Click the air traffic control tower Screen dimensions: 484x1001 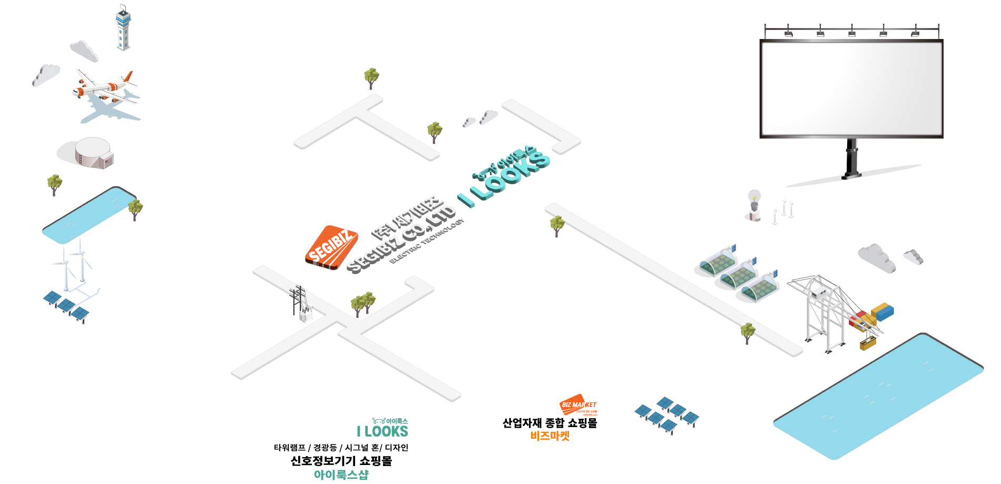coord(123,29)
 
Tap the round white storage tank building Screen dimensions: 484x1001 coord(93,152)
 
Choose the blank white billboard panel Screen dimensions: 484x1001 coord(851,89)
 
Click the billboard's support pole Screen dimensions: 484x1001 coord(852,158)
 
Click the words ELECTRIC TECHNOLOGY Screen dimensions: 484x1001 coord(427,240)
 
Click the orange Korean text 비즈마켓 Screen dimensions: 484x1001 coord(550,436)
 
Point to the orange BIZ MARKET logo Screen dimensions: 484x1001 coord(577,405)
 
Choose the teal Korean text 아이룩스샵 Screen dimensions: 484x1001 coord(341,475)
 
